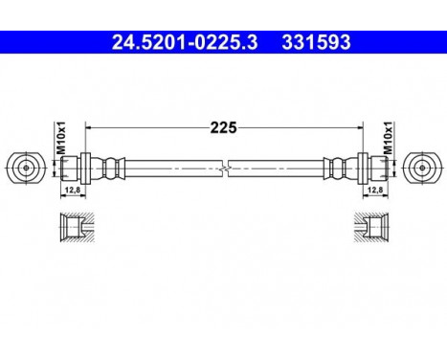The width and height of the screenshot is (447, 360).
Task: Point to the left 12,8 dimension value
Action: (70, 191)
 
